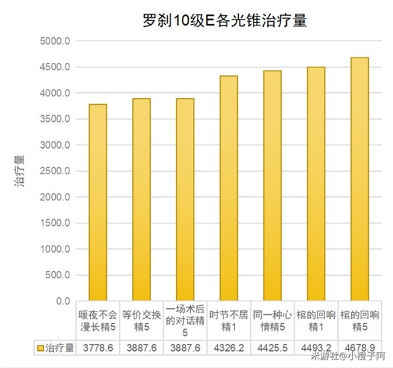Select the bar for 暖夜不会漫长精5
point(98,202)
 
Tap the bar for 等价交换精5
point(141,200)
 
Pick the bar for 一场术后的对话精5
point(185,200)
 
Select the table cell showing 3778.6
point(98,347)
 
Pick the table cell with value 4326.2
point(229,347)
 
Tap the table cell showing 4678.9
point(360,347)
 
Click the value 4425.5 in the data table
point(272,347)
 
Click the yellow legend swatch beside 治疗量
point(41,347)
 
